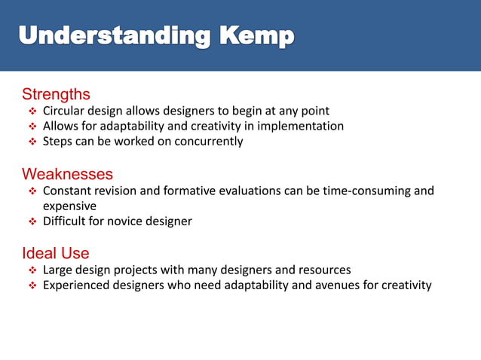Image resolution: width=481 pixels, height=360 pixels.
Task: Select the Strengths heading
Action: pos(56,94)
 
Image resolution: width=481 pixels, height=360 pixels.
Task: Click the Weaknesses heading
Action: pos(67,175)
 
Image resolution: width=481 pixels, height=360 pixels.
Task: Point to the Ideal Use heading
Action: pos(55,253)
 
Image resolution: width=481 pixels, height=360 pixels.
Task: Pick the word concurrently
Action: pos(210,142)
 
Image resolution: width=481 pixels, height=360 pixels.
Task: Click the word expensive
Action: pos(69,206)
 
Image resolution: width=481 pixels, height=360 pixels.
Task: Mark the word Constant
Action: pos(69,191)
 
